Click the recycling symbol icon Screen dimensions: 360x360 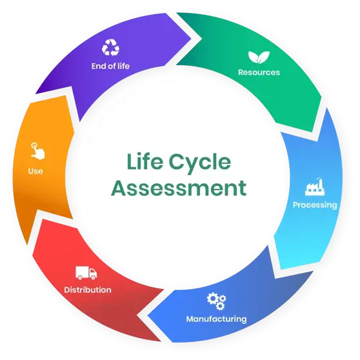click(x=111, y=48)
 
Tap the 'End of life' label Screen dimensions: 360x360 click(x=110, y=66)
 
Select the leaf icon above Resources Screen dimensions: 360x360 click(x=259, y=57)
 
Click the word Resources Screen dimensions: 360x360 click(x=259, y=72)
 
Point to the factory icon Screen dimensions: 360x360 click(x=315, y=186)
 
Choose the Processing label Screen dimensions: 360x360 click(x=315, y=205)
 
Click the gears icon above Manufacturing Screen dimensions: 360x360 click(x=216, y=301)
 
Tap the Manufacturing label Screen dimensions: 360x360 click(x=216, y=319)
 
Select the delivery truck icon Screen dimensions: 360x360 click(x=86, y=273)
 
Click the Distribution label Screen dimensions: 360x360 click(x=88, y=290)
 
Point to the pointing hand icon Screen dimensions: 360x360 click(x=37, y=151)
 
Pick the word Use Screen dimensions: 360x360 click(x=35, y=171)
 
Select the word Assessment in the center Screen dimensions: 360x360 click(x=179, y=188)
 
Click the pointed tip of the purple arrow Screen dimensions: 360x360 click(x=191, y=38)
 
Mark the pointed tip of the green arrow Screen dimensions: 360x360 click(x=318, y=141)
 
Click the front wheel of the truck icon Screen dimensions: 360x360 click(x=93, y=277)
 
